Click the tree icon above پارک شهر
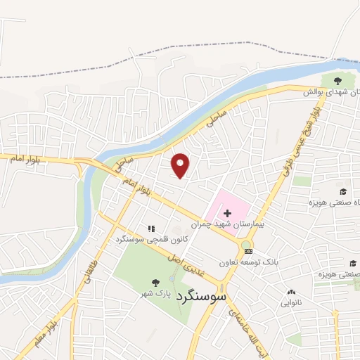coord(155,283)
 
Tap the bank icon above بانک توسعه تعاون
coord(247,250)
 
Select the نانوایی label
coord(292,304)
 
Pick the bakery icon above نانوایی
coord(291,292)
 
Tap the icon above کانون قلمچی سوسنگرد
coord(150,228)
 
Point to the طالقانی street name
coord(91,269)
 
